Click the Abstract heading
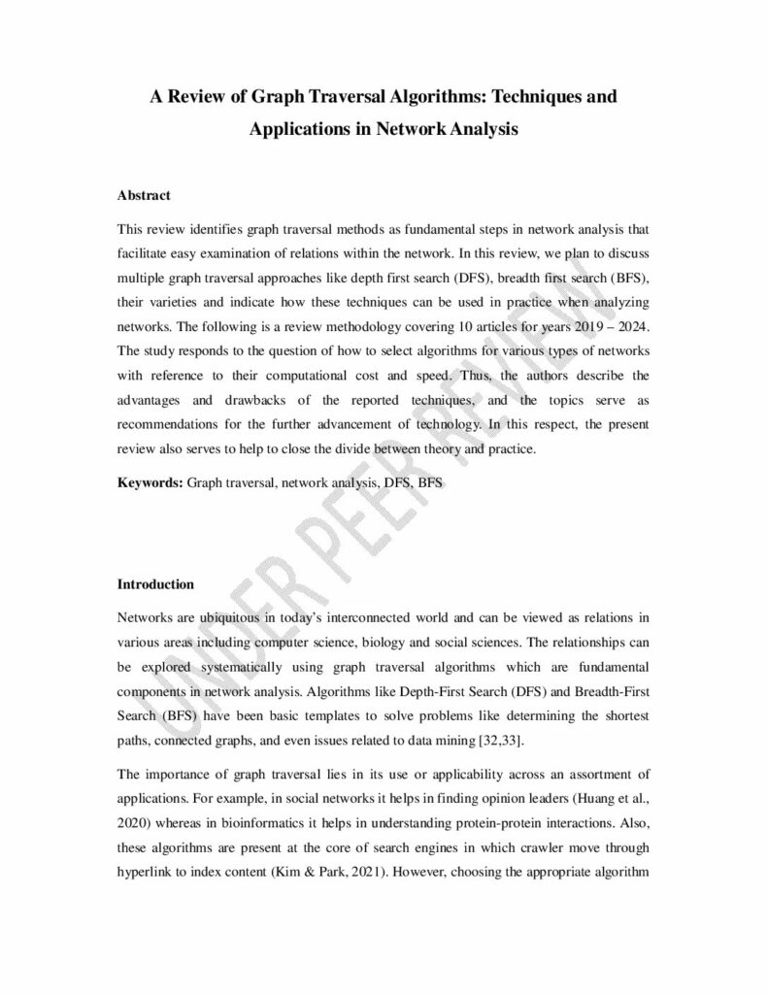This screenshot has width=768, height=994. pyautogui.click(x=144, y=195)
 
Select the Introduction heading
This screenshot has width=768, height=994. pyautogui.click(x=155, y=584)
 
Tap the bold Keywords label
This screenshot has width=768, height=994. pyautogui.click(x=150, y=480)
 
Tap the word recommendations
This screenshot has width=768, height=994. pyautogui.click(x=175, y=423)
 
